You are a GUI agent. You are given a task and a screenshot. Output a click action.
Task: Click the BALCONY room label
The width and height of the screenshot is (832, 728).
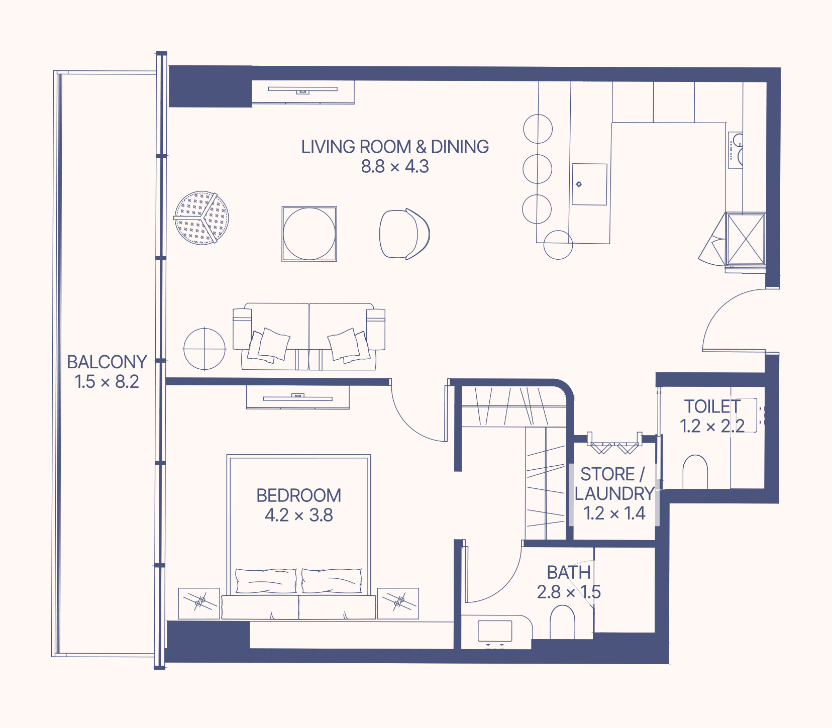(x=107, y=362)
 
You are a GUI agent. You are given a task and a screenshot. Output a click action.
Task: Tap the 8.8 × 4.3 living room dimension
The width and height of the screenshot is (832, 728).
(x=395, y=166)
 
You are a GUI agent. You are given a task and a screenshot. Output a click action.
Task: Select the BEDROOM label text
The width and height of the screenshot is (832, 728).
(x=298, y=495)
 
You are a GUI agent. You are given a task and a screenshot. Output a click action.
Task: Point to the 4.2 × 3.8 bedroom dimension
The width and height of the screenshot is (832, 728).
(x=298, y=515)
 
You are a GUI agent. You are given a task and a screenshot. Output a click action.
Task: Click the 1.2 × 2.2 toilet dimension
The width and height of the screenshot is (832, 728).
(x=712, y=426)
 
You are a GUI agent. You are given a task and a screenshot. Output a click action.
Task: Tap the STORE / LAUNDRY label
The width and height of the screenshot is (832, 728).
(x=614, y=483)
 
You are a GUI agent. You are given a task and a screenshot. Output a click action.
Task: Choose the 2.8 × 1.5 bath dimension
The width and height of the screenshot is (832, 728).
(x=569, y=592)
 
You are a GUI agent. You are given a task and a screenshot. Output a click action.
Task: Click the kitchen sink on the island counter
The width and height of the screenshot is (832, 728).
(x=589, y=184)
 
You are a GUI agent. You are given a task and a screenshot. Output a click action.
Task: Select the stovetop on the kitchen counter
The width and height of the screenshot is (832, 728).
(x=736, y=150)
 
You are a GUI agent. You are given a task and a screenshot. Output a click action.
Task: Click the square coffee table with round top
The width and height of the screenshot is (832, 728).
(x=309, y=234)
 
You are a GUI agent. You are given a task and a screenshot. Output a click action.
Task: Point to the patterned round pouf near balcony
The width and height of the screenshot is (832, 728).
(x=201, y=218)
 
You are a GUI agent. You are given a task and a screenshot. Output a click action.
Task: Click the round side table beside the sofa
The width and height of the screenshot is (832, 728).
(x=204, y=349)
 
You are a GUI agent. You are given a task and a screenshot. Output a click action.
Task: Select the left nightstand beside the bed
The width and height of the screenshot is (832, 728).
(x=199, y=603)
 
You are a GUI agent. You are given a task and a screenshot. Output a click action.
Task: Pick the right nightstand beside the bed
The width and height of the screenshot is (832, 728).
(x=398, y=603)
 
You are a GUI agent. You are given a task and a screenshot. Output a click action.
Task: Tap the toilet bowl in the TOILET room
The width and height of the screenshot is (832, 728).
(x=695, y=472)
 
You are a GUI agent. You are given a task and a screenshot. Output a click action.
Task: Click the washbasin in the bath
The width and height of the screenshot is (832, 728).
(x=495, y=632)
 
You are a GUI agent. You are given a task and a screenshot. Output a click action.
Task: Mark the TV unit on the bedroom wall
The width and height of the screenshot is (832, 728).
(x=297, y=397)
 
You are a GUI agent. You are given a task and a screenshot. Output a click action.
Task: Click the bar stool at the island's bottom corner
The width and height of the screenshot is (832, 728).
(x=558, y=245)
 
